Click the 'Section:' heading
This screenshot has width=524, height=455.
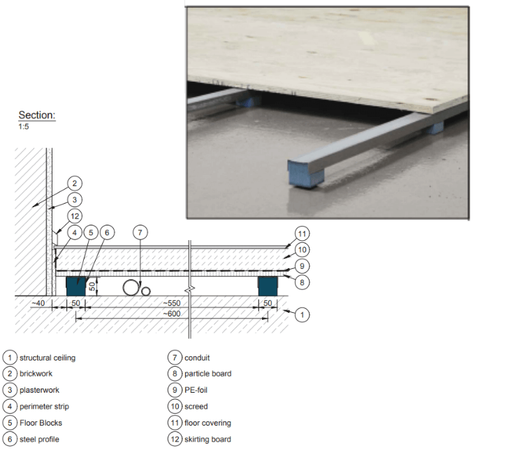pyautogui.click(x=36, y=115)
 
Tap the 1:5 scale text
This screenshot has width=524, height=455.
pyautogui.click(x=24, y=127)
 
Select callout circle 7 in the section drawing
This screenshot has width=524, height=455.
pyautogui.click(x=140, y=232)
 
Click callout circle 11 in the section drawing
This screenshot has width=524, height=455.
pyautogui.click(x=301, y=234)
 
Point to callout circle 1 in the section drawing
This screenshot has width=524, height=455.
pyautogui.click(x=301, y=315)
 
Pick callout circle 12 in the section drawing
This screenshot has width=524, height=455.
pyautogui.click(x=75, y=216)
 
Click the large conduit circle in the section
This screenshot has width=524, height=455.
pyautogui.click(x=131, y=287)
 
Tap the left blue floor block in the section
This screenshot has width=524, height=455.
pyautogui.click(x=74, y=286)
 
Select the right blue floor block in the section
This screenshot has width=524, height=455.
pyautogui.click(x=268, y=286)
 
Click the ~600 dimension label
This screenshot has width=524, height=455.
pyautogui.click(x=170, y=314)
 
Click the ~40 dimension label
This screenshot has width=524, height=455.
pyautogui.click(x=38, y=303)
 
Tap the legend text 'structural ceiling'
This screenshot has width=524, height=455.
pyautogui.click(x=48, y=358)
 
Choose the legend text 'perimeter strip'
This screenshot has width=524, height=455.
pyautogui.click(x=44, y=407)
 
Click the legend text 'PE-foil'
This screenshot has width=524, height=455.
pyautogui.click(x=196, y=390)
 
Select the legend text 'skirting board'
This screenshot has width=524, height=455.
pyautogui.click(x=208, y=439)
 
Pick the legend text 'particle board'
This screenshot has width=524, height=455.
pyautogui.click(x=208, y=374)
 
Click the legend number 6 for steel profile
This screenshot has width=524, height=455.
pyautogui.click(x=10, y=439)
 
